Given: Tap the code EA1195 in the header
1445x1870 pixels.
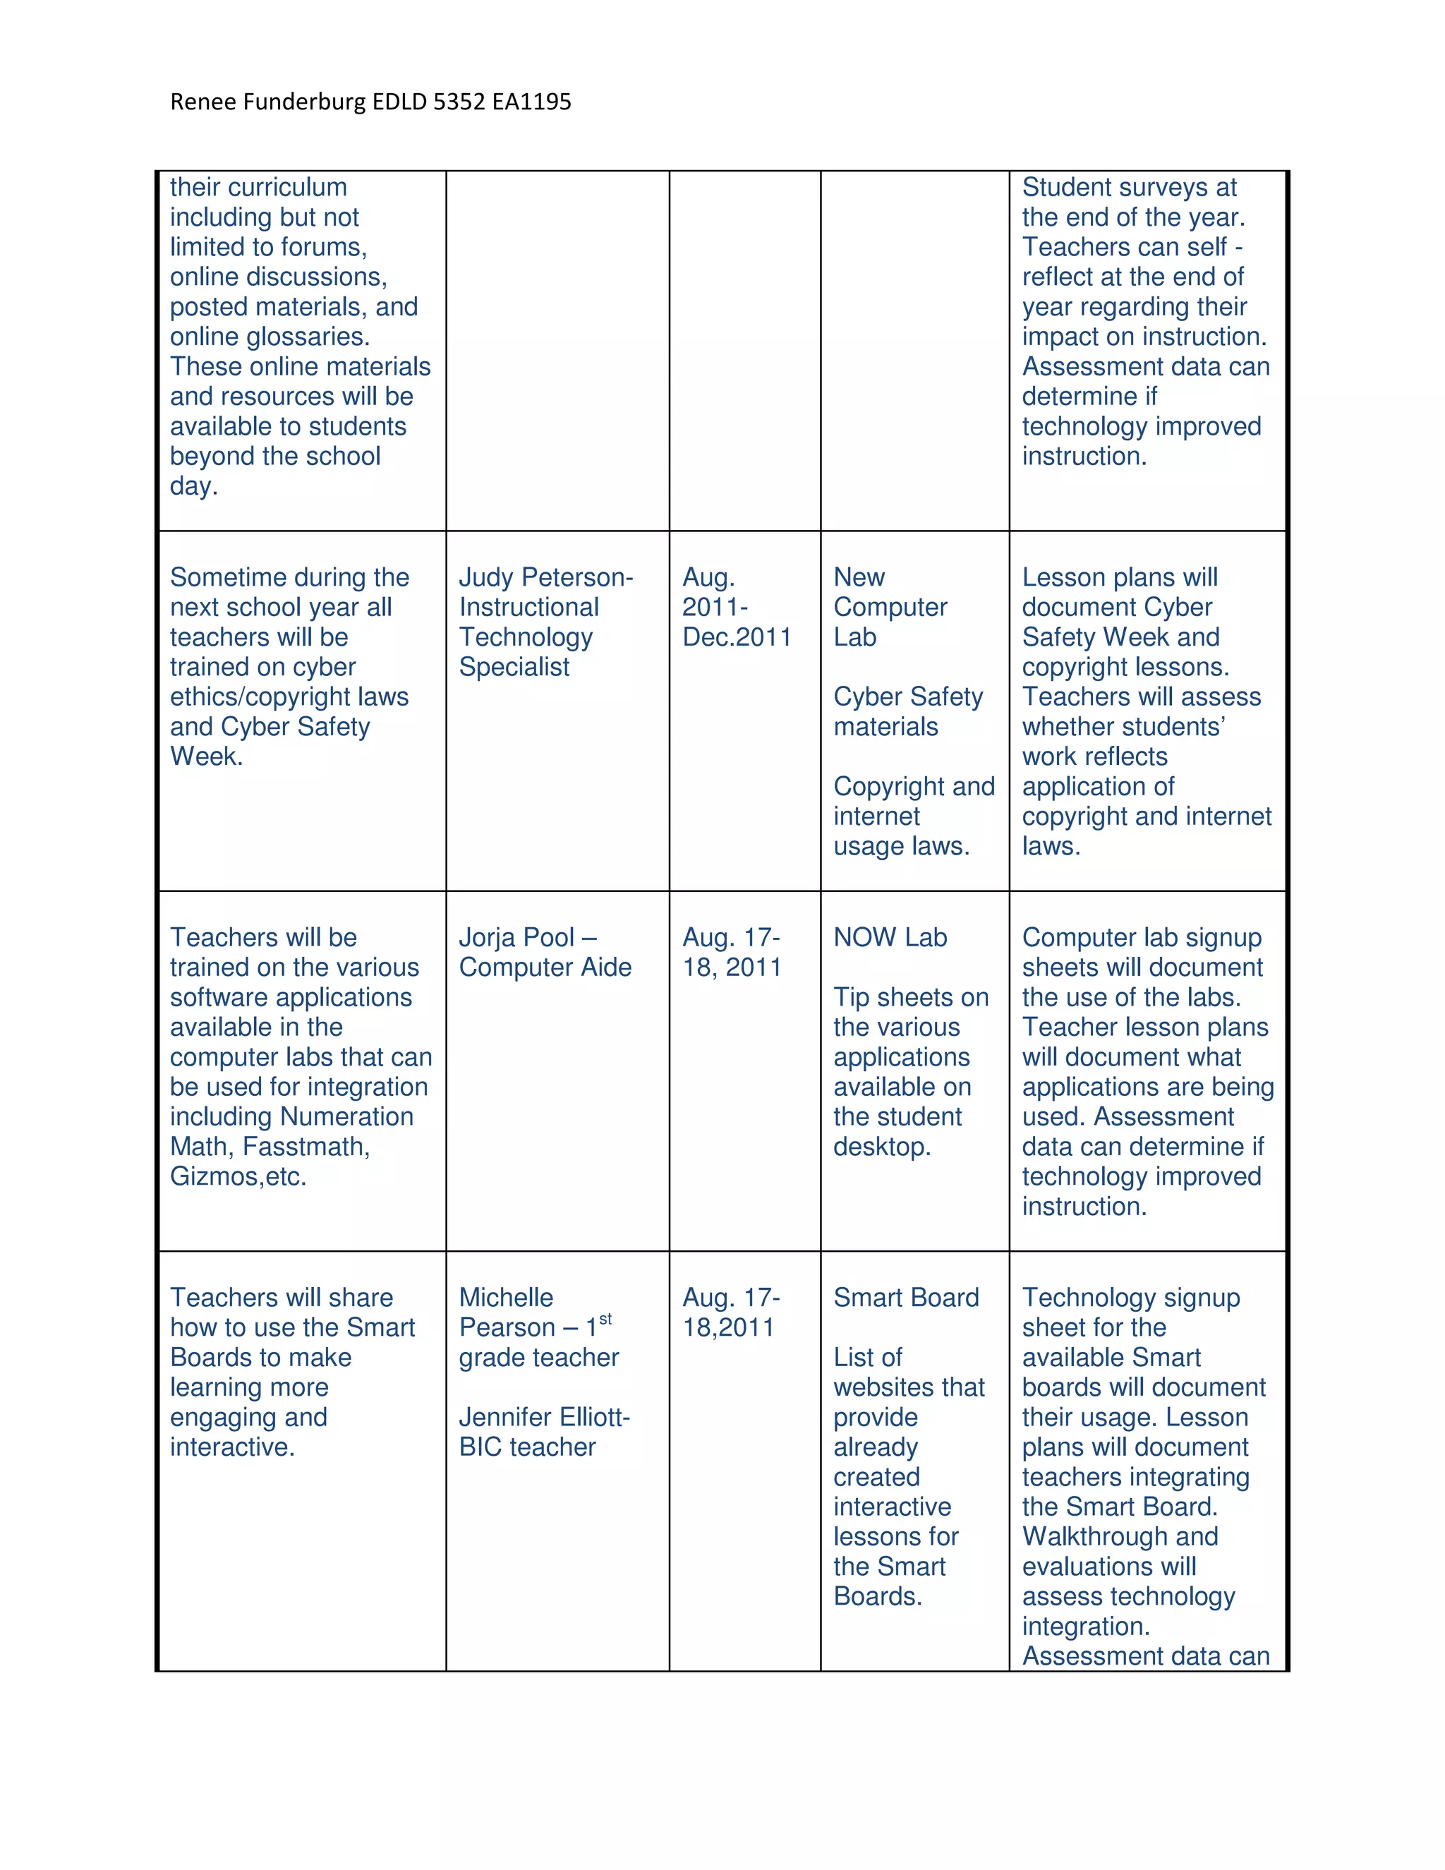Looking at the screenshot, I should pyautogui.click(x=531, y=102).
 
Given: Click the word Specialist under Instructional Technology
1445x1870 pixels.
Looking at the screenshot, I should pyautogui.click(x=514, y=667).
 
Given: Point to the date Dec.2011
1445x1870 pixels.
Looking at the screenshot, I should pyautogui.click(x=736, y=637).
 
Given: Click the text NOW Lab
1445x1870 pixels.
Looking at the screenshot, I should pyautogui.click(x=890, y=938).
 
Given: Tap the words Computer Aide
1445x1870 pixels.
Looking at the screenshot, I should pyautogui.click(x=545, y=967).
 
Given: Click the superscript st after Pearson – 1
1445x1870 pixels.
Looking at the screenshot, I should pyautogui.click(x=605, y=1320).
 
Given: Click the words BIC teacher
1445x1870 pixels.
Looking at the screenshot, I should pyautogui.click(x=526, y=1447).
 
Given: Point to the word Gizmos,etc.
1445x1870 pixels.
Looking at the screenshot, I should pyautogui.click(x=238, y=1176).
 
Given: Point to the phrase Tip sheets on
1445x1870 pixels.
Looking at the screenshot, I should pyautogui.click(x=910, y=998).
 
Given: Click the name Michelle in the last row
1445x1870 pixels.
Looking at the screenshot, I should pyautogui.click(x=506, y=1298).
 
